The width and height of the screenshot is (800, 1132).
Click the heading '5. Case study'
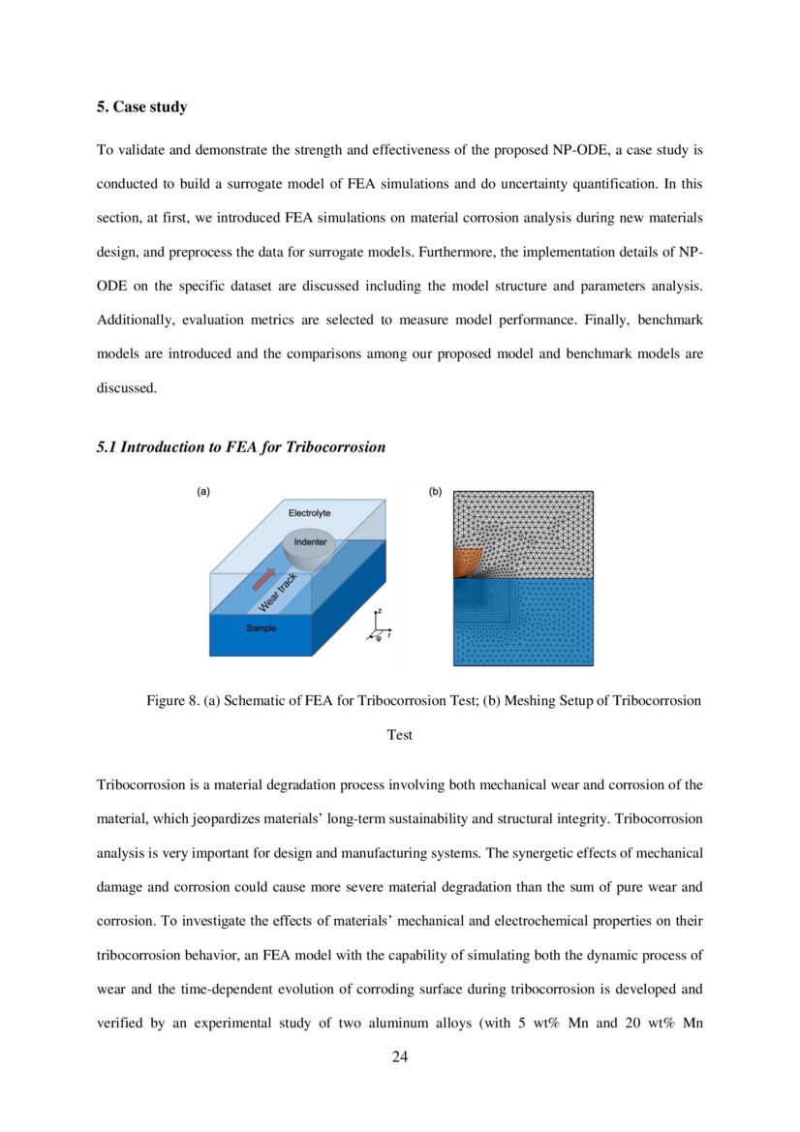click(x=141, y=107)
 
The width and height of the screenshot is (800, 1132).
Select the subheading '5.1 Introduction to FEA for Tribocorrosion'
click(x=240, y=447)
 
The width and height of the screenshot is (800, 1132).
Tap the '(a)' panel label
click(x=203, y=492)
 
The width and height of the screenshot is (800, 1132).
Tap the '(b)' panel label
click(x=435, y=492)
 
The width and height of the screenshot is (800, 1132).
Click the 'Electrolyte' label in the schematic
click(x=309, y=511)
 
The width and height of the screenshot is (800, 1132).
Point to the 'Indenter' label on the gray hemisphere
click(x=310, y=542)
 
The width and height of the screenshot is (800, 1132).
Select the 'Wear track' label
click(x=278, y=593)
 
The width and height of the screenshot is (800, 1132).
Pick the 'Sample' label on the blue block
click(x=261, y=628)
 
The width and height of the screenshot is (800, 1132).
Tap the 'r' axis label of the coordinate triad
click(x=389, y=635)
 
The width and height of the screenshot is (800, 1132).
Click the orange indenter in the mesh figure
click(x=466, y=563)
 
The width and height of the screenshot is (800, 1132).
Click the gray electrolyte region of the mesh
click(x=523, y=523)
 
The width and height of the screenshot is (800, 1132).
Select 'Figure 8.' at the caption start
click(x=172, y=700)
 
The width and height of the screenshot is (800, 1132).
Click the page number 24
click(x=400, y=1056)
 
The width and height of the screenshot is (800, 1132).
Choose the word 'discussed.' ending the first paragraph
click(x=126, y=388)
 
